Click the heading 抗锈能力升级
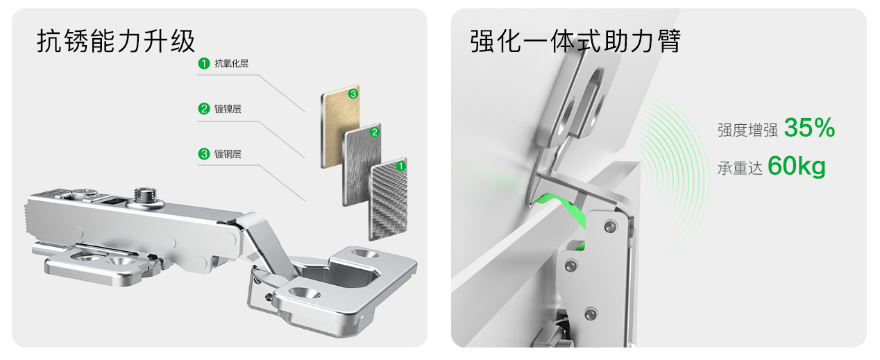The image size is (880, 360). pos(116,41)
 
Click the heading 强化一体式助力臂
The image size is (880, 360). pos(575,41)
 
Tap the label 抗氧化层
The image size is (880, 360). pos(231,64)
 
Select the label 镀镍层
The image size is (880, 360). pos(228,109)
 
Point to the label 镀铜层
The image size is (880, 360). pos(228,154)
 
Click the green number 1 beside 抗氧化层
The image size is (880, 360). pos(204,63)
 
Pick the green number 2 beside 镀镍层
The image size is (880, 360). pos(204,109)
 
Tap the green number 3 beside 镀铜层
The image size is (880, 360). pos(204,154)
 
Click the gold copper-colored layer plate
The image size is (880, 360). pos(340,126)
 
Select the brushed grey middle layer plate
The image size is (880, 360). pos(362,165)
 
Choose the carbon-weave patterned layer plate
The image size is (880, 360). pos(388,200)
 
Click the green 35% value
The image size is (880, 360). pos(809,128)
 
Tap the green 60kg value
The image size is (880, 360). pos(796,166)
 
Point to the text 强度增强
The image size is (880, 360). pos(747,130)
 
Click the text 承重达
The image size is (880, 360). pos(740,169)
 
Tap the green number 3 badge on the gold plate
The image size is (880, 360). pos(353,94)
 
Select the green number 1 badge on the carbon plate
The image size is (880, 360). pos(400,166)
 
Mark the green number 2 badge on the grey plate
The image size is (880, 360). pos(375,132)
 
